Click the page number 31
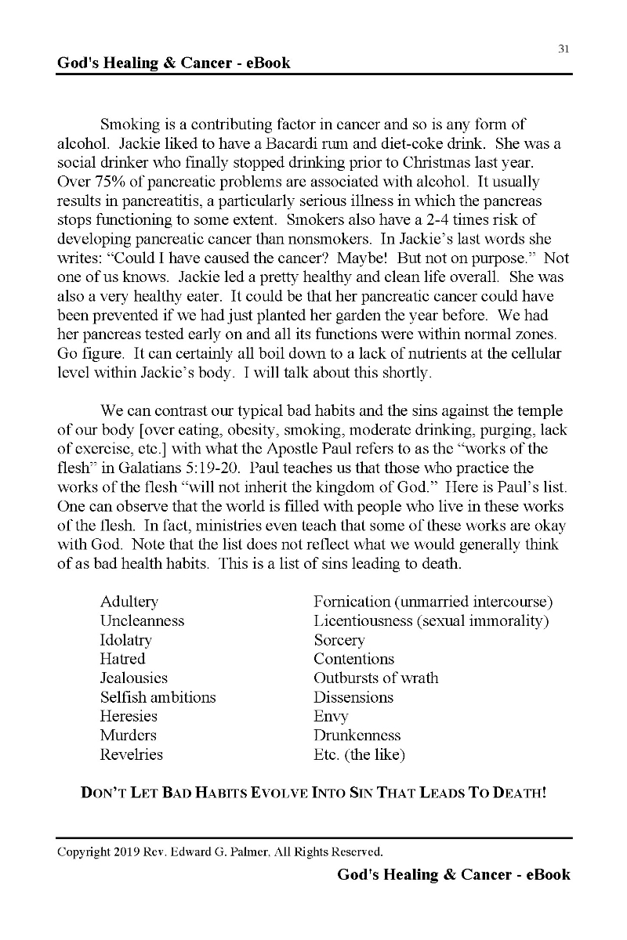pyautogui.click(x=563, y=49)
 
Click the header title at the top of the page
pyautogui.click(x=173, y=63)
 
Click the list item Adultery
pyautogui.click(x=129, y=602)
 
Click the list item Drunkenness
pyautogui.click(x=357, y=736)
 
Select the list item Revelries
pyautogui.click(x=132, y=755)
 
